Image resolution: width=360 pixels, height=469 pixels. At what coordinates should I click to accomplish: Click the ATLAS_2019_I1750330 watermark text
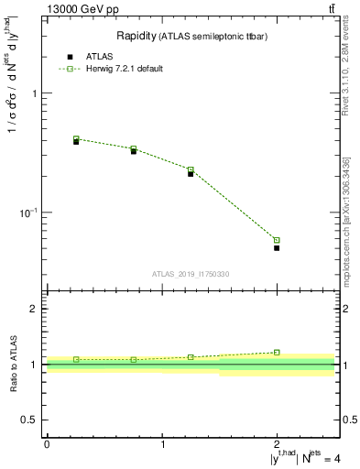(x=191, y=274)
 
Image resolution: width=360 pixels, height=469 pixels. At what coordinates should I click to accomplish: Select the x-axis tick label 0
(x=47, y=444)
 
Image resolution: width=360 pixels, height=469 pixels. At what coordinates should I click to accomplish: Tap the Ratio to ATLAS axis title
(x=14, y=364)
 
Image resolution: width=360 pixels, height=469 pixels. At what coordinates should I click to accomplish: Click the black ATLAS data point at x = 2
(x=277, y=247)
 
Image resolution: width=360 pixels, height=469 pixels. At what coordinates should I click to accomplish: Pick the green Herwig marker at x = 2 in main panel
(x=277, y=240)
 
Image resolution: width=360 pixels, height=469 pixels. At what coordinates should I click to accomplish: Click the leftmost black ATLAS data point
(x=76, y=142)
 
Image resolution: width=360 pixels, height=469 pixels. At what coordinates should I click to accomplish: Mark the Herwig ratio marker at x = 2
(x=277, y=352)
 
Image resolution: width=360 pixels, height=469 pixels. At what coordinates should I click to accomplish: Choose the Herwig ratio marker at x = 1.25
(x=191, y=357)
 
